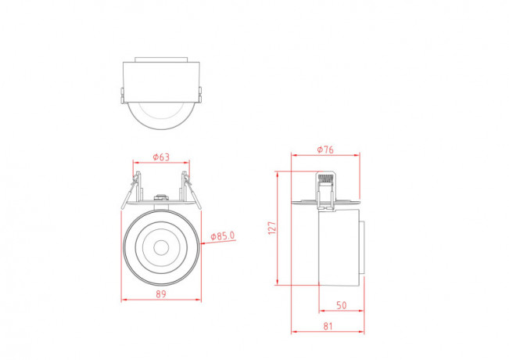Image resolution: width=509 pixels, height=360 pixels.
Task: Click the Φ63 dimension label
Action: click(x=161, y=157)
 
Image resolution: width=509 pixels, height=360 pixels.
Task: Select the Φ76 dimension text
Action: click(x=325, y=149)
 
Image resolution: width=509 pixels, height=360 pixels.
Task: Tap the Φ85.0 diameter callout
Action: click(x=223, y=236)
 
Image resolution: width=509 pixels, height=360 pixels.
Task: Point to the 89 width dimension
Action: click(x=161, y=294)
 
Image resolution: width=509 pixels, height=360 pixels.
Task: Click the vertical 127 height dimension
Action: click(x=272, y=228)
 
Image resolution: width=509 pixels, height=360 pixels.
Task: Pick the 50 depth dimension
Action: click(x=341, y=305)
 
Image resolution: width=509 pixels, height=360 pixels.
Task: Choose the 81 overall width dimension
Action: click(x=328, y=326)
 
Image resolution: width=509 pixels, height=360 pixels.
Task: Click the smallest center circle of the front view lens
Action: click(x=161, y=248)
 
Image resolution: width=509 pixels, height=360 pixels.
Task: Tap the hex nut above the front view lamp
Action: click(x=161, y=197)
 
